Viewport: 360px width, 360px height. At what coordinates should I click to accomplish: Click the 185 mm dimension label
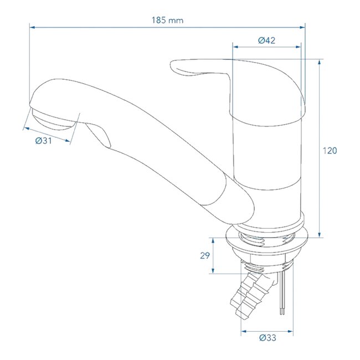click(x=167, y=20)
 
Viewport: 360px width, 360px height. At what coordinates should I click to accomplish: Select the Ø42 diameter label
click(x=266, y=40)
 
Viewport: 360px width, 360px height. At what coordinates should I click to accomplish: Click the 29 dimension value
click(x=204, y=256)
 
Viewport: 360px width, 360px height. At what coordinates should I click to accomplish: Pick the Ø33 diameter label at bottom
click(x=267, y=337)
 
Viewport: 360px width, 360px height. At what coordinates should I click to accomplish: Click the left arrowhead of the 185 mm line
click(x=30, y=26)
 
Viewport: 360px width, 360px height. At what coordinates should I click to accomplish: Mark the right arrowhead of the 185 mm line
click(x=304, y=26)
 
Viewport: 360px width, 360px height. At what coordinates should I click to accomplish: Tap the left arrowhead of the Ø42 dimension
click(x=234, y=47)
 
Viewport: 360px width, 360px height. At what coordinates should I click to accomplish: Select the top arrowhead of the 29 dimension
click(x=213, y=239)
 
